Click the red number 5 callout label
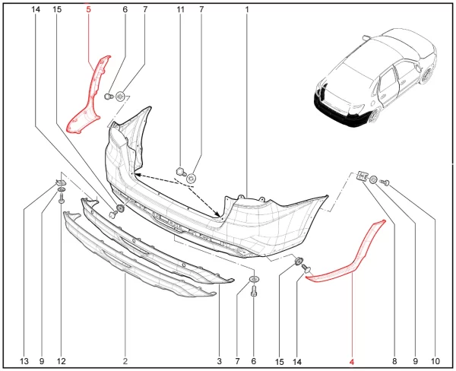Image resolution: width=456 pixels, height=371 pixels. [88, 10]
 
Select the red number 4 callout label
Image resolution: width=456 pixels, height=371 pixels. [352, 362]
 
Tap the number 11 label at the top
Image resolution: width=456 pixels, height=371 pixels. [181, 10]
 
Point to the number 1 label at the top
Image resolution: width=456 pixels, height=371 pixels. [247, 10]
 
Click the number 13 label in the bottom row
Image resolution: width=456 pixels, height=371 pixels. [24, 361]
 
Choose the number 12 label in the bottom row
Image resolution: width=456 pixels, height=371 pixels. [62, 361]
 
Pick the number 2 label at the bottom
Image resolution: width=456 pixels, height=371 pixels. [125, 361]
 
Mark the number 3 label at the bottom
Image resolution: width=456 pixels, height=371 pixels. [220, 361]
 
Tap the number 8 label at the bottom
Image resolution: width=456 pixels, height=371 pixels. [394, 361]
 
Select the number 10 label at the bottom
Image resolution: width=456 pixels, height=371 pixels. [435, 361]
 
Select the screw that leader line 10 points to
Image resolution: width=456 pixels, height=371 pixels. [385, 182]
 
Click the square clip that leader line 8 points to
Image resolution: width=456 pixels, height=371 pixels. [362, 176]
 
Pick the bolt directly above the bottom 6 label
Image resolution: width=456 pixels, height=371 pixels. [254, 290]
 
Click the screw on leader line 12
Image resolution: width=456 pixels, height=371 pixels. [62, 198]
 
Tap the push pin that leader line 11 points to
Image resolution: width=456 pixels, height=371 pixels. [181, 171]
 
